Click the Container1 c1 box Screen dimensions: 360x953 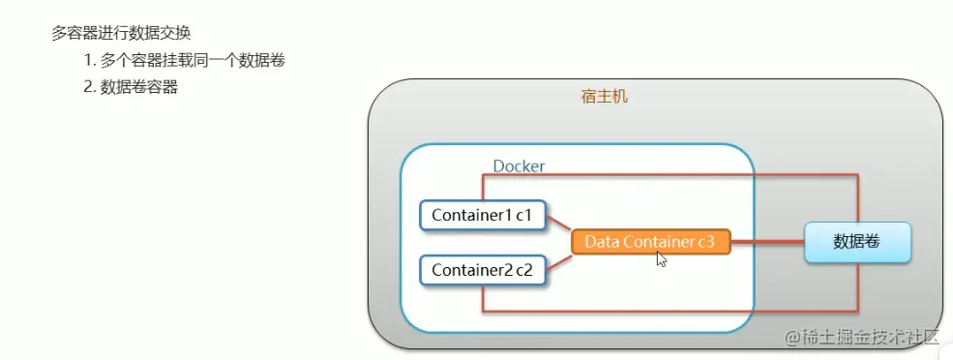coord(483,214)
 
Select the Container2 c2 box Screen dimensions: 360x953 coord(483,269)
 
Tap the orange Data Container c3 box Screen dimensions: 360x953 coord(649,242)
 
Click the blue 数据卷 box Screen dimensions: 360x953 coord(857,241)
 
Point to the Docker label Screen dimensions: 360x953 coord(519,165)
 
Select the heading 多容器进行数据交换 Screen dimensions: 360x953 coord(121,33)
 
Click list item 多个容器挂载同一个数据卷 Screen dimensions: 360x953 coord(193,60)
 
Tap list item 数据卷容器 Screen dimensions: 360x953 coord(139,87)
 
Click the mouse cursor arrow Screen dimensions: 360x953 coord(662,258)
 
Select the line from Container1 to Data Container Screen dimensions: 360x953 coord(559,225)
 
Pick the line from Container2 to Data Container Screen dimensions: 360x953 coord(559,258)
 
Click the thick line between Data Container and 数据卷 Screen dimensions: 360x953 coord(766,243)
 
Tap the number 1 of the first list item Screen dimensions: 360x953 coord(88,60)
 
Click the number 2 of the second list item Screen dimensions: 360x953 coord(88,87)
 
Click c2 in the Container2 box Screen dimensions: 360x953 coord(523,270)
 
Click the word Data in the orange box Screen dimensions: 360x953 coord(602,242)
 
